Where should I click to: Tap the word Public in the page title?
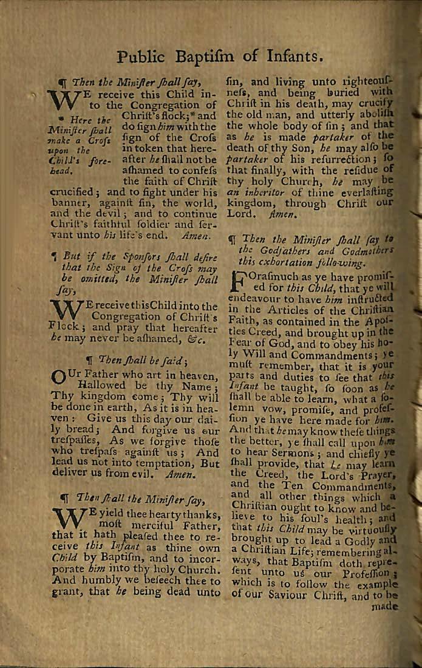tap(143, 58)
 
